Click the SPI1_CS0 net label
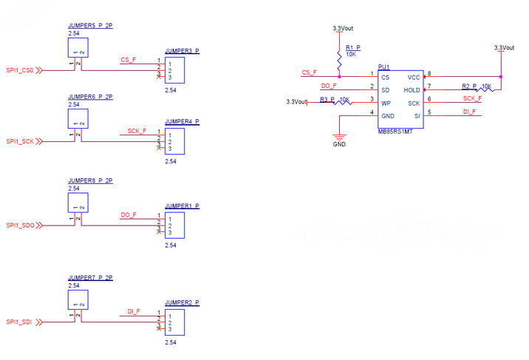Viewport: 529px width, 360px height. (x=20, y=70)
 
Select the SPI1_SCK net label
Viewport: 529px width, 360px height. (x=20, y=141)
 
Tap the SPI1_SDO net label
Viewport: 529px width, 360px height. (x=20, y=225)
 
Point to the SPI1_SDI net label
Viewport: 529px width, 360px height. (x=19, y=322)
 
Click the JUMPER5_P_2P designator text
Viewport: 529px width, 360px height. (x=89, y=26)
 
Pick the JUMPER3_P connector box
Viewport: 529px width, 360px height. (x=174, y=71)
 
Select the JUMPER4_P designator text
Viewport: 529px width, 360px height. (x=182, y=121)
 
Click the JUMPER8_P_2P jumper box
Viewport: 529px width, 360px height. (x=78, y=203)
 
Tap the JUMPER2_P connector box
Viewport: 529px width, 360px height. (x=174, y=322)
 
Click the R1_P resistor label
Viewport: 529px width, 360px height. (x=352, y=47)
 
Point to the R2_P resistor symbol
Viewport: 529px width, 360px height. (x=485, y=90)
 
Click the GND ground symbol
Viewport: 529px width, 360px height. (x=339, y=137)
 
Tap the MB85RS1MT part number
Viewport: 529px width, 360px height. (x=395, y=131)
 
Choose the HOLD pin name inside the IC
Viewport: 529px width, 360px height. (x=412, y=90)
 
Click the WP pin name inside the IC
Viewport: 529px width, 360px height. (x=385, y=103)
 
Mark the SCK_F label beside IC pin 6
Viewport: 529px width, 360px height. (x=472, y=98)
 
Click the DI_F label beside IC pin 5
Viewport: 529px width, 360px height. (x=469, y=112)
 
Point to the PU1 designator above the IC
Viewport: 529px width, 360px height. (x=383, y=66)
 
